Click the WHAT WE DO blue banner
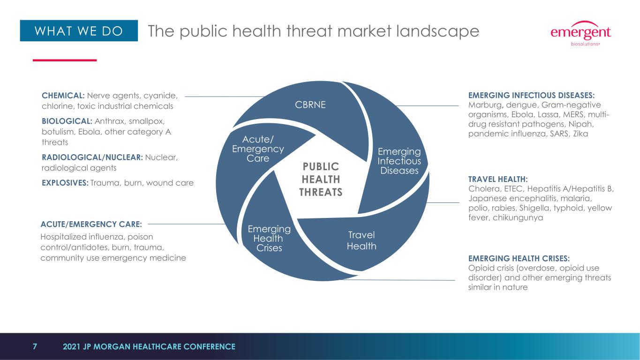[x=79, y=30]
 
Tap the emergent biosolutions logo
[x=580, y=33]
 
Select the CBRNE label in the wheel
[x=310, y=105]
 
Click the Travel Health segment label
[x=361, y=240]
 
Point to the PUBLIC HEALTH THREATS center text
[x=321, y=180]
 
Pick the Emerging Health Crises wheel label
[x=269, y=238]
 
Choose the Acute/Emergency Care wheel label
[x=258, y=149]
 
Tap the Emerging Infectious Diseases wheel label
[x=399, y=161]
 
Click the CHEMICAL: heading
[x=63, y=96]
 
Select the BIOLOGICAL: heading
[x=67, y=121]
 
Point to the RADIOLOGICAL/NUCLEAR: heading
[x=92, y=157]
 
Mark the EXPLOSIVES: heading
[x=65, y=183]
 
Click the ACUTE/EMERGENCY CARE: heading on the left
[x=91, y=224]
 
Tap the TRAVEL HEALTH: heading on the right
[x=498, y=179]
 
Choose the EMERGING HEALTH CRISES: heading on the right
[x=519, y=258]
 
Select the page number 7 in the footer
[x=35, y=346]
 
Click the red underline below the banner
[x=65, y=60]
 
